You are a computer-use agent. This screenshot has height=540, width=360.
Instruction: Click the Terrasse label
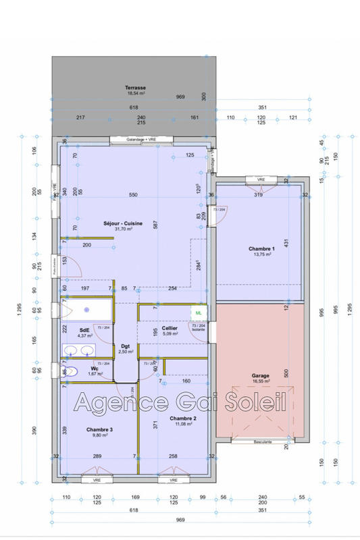[135, 88]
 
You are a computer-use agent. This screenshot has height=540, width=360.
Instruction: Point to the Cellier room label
[170, 328]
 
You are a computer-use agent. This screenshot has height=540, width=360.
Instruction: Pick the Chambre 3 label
[99, 429]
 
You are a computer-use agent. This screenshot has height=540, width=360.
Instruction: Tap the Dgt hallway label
[125, 346]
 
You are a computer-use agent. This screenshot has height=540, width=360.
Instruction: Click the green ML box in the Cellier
[199, 313]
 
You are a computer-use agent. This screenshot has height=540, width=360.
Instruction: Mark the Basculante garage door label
[259, 441]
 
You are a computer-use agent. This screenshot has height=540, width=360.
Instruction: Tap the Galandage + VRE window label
[141, 140]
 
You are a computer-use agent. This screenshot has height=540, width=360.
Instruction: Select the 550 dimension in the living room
[133, 195]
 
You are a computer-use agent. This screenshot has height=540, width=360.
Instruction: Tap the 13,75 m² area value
[259, 254]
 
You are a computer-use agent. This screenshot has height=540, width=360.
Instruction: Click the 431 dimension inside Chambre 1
[286, 242]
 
